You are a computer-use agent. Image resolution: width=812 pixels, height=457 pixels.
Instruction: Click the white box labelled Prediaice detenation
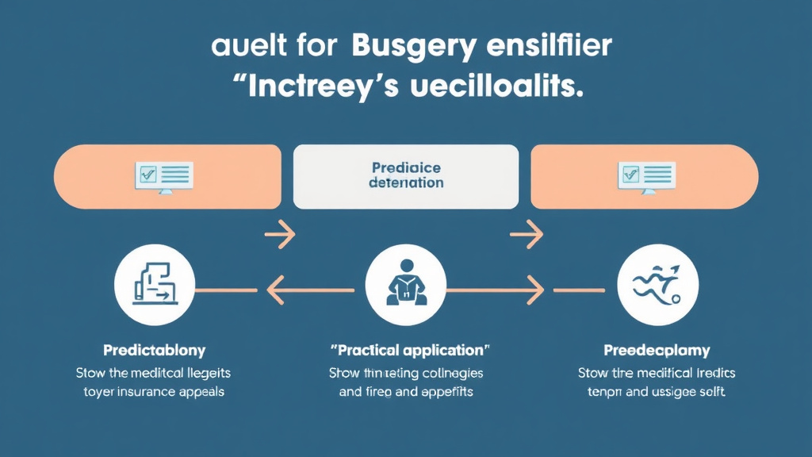pyautogui.click(x=406, y=176)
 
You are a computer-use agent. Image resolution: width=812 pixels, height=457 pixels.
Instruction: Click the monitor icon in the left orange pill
pyautogui.click(x=164, y=176)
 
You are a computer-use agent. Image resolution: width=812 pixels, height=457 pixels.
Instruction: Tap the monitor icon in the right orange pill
pyautogui.click(x=647, y=176)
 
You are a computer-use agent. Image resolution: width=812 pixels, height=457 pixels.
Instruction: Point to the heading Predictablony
pyautogui.click(x=154, y=350)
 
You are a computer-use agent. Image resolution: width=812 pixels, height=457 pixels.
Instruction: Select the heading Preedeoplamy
pyautogui.click(x=657, y=350)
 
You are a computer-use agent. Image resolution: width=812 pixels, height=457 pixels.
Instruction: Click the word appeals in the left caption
pyautogui.click(x=204, y=392)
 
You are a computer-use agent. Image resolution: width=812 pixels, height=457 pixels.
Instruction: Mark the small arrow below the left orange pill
pyautogui.click(x=279, y=234)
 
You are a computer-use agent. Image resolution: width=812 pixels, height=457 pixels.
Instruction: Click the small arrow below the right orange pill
pyautogui.click(x=526, y=234)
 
